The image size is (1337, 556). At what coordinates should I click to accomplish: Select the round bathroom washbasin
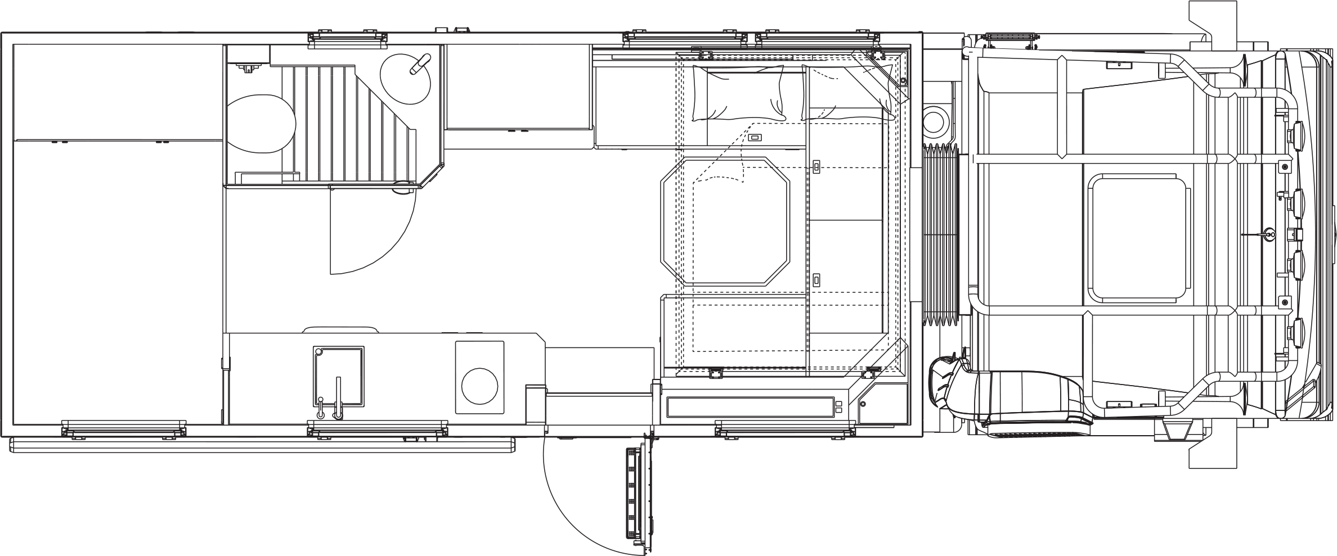coord(406,82)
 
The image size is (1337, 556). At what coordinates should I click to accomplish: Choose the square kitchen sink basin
coord(338,376)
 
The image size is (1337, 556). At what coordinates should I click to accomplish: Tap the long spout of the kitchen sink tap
coord(338,396)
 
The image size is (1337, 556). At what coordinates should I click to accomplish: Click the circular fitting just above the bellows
coord(936,120)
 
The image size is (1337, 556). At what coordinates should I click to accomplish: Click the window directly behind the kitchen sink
coord(378,430)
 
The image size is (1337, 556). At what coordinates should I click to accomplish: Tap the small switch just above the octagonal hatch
coord(755,138)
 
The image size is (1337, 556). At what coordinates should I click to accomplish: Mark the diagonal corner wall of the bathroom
coord(432,174)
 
